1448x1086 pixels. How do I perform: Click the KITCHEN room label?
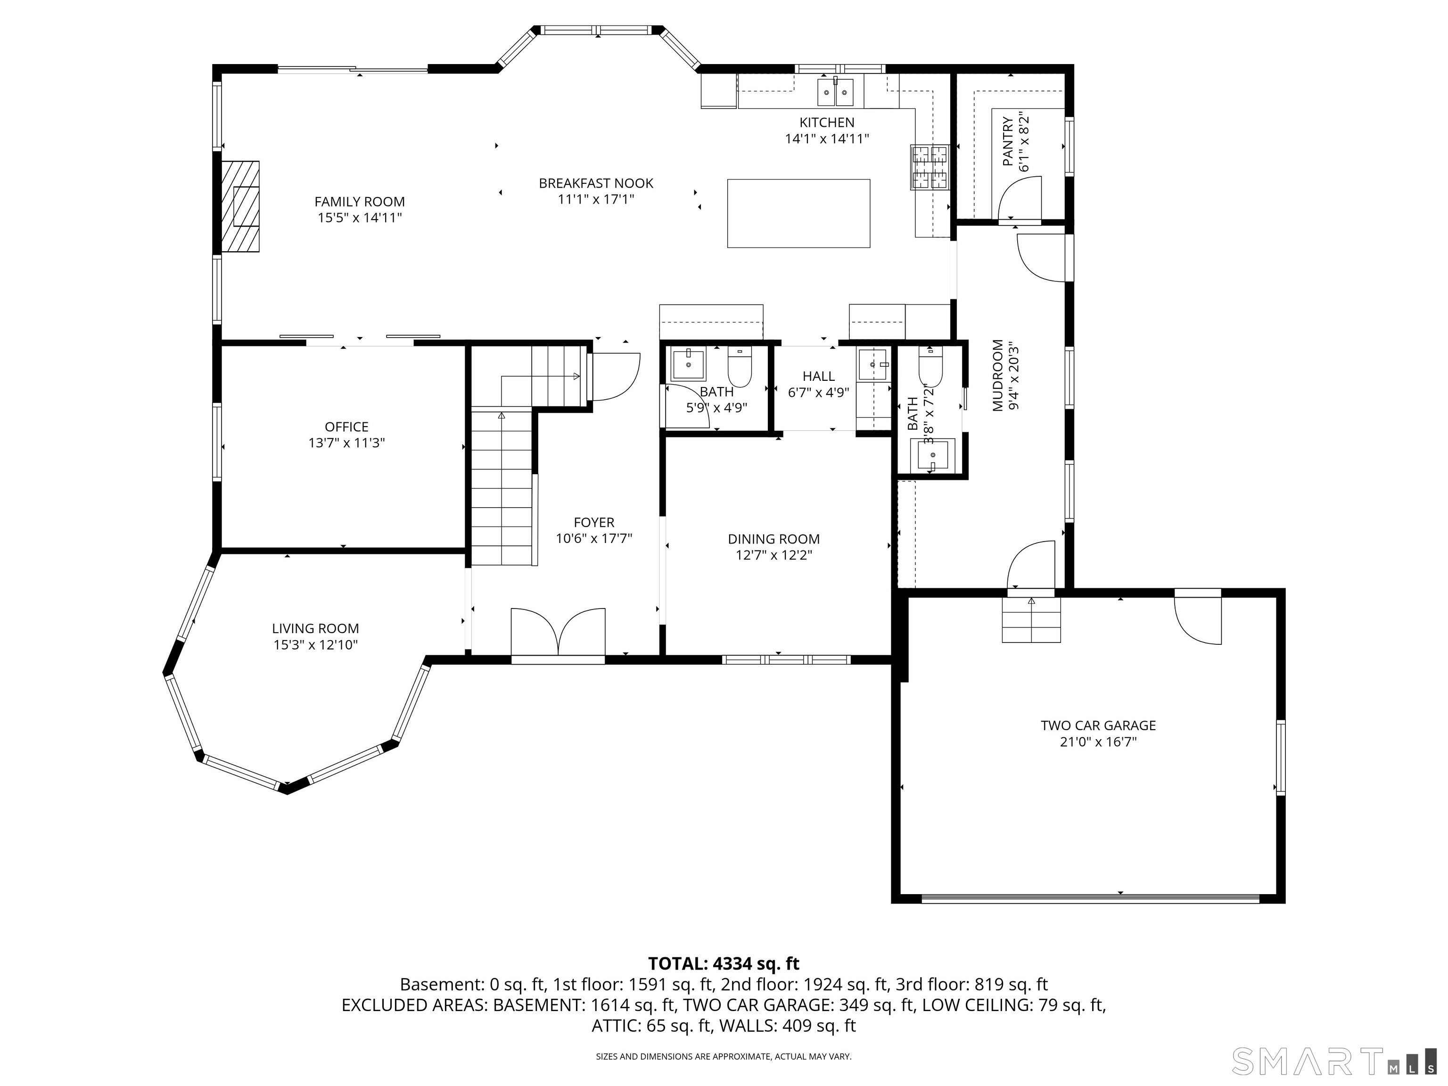[x=827, y=123]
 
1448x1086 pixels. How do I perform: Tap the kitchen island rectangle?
[x=798, y=214]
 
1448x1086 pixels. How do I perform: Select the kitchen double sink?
[x=835, y=91]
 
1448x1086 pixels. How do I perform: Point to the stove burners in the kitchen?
[x=929, y=166]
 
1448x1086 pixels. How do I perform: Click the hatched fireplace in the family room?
[x=240, y=206]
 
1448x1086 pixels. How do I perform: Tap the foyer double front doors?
[x=558, y=631]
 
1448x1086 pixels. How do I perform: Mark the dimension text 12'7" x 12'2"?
[x=774, y=556]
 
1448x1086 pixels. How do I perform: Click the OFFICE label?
[x=347, y=427]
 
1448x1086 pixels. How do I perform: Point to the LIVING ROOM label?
[x=315, y=628]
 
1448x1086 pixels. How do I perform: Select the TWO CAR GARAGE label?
[x=1098, y=725]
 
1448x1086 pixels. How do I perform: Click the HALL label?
[x=819, y=377]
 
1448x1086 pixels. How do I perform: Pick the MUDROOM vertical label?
[x=998, y=375]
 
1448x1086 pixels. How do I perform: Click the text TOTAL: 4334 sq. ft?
[x=724, y=963]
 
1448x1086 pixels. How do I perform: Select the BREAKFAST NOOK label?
[x=596, y=183]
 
